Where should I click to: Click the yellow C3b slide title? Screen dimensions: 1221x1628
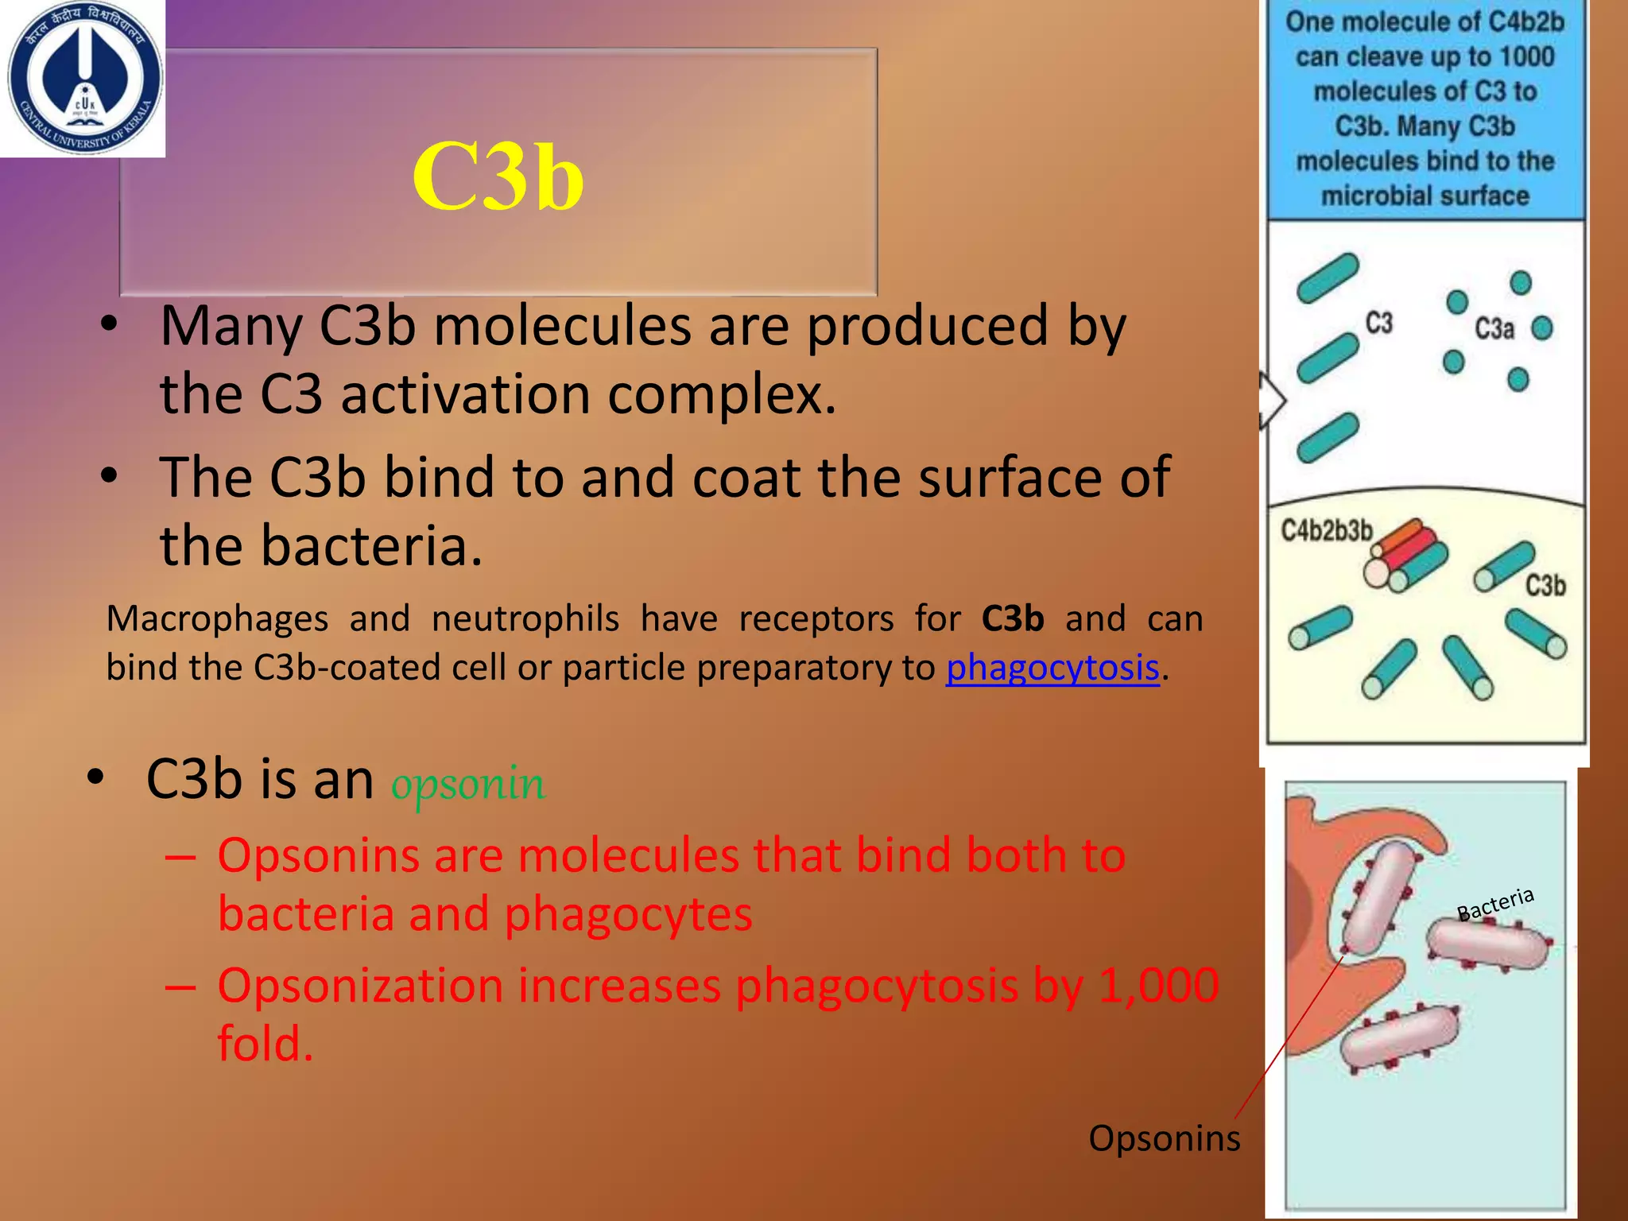(x=498, y=176)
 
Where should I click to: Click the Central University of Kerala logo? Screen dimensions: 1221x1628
(x=83, y=77)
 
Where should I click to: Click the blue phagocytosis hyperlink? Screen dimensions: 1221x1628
(x=1052, y=668)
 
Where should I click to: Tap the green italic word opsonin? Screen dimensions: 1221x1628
(x=467, y=783)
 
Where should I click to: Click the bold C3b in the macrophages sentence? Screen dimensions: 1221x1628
(x=1012, y=618)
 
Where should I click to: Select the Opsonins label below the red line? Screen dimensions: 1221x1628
(x=1164, y=1138)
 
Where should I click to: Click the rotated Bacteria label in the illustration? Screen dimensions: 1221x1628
(x=1494, y=904)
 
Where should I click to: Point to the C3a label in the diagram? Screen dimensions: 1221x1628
(x=1494, y=328)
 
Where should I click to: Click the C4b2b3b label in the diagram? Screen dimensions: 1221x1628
(x=1326, y=530)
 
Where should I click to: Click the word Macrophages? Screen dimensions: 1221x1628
(x=217, y=618)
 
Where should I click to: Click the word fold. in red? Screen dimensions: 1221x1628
(x=266, y=1043)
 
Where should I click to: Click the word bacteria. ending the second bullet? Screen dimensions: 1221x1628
(x=321, y=546)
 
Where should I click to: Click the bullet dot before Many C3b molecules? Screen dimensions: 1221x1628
(x=110, y=325)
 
